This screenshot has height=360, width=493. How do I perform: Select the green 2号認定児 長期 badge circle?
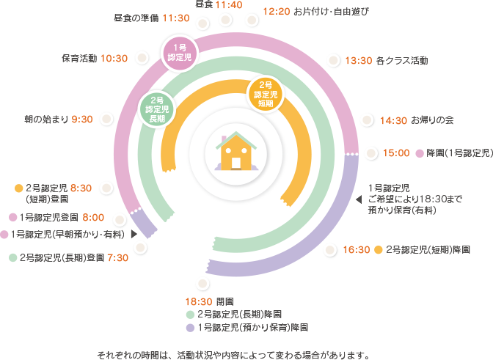pos(157,110)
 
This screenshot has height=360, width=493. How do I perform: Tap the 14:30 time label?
pos(394,120)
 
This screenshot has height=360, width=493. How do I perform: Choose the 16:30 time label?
pos(357,250)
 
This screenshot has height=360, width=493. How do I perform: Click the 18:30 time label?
pos(200,301)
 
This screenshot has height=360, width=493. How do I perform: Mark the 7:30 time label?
pos(117,257)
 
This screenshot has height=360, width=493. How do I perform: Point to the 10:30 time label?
pos(115,58)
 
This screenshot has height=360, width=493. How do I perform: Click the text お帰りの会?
pos(434,120)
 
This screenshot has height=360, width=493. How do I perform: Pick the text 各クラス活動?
pos(402,61)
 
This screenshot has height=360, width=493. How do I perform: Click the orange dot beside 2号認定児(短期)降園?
pos(378,250)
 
